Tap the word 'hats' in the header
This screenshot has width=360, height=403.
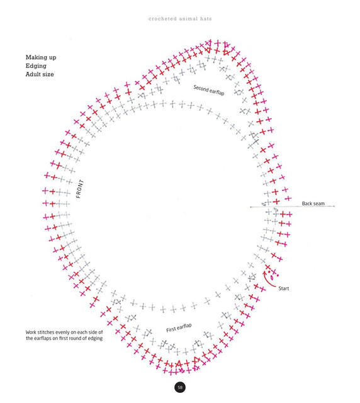pos(206,19)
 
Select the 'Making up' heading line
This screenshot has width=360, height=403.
pos(41,57)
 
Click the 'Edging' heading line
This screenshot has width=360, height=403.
pos(36,66)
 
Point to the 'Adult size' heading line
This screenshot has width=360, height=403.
pos(40,74)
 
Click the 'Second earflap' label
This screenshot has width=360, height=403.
pos(209,90)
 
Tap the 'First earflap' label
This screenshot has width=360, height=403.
pos(179,327)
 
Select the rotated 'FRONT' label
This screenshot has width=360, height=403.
pos(80,189)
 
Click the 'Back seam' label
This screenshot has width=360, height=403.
pos(313,203)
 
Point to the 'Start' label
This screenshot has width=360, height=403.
pos(284,288)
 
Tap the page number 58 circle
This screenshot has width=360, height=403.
pos(180,387)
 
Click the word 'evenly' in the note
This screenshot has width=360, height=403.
pos(63,332)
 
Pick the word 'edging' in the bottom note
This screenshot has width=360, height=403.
pos(95,339)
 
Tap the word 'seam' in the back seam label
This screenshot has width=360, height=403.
pos(318,203)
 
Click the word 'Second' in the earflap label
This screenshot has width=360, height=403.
pos(201,88)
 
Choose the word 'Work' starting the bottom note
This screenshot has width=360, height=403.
pos(31,332)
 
